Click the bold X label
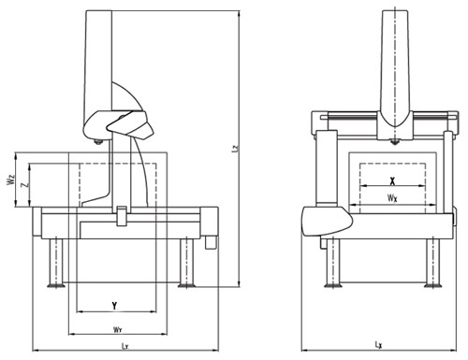pyautogui.click(x=392, y=180)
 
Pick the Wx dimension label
pyautogui.click(x=392, y=198)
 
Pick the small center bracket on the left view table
pyautogui.click(x=122, y=218)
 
